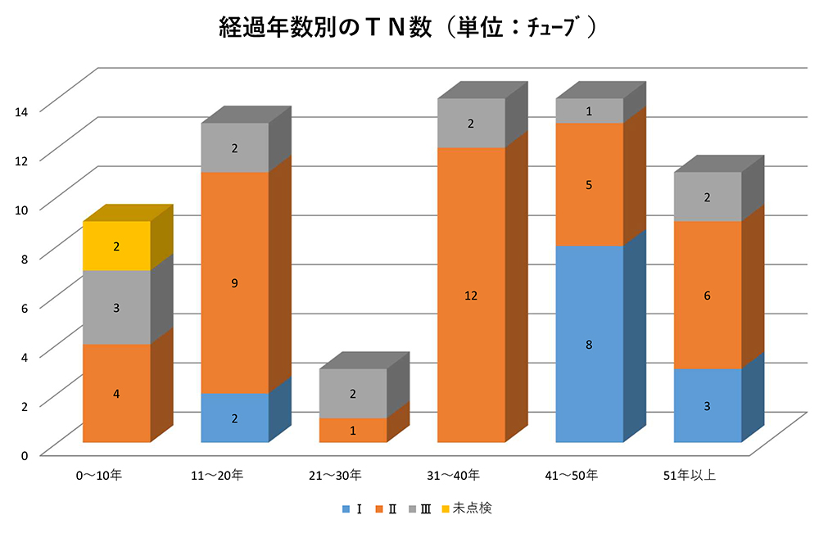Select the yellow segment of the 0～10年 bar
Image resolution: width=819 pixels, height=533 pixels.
pos(116,246)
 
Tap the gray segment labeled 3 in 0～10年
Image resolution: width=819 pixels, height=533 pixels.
pos(116,307)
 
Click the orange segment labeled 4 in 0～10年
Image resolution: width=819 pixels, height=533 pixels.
pos(116,393)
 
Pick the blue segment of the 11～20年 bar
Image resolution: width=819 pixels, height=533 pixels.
pos(235,418)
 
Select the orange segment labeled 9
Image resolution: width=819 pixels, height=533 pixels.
pos(235,282)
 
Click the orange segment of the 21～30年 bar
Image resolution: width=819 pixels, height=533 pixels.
pos(352,430)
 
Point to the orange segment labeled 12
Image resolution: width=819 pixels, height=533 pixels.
pos(471,295)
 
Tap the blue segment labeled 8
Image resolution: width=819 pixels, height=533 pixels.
pos(589,344)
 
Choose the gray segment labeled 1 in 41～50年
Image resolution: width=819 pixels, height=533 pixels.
pos(589,111)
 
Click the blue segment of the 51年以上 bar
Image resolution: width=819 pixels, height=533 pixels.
pos(707,405)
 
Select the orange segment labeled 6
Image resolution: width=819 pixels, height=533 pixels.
pos(707,295)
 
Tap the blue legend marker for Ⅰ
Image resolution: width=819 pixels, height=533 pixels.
pos(346,508)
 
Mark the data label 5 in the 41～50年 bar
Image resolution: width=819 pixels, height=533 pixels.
pos(589,185)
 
